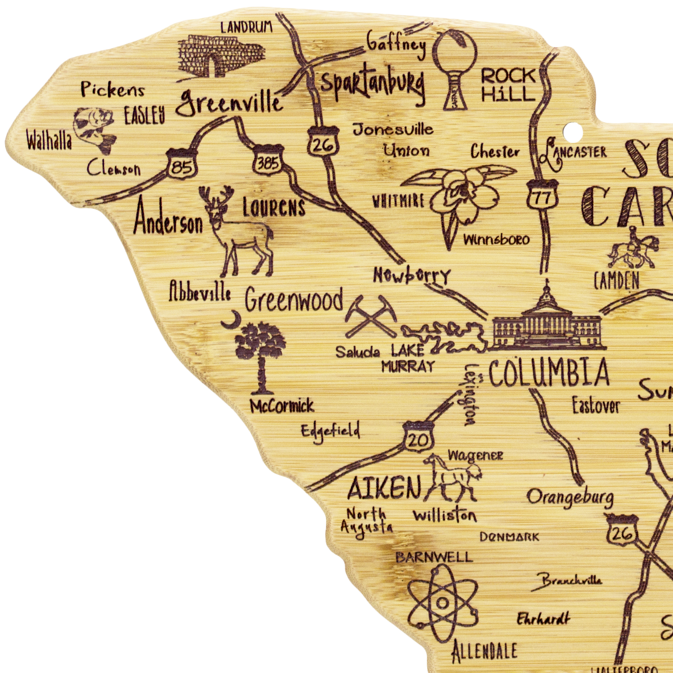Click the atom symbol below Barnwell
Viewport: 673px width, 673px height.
click(442, 603)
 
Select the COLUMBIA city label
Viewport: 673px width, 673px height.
click(549, 374)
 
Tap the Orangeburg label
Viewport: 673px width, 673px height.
click(570, 499)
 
